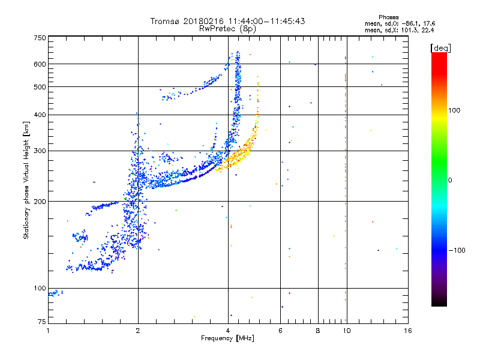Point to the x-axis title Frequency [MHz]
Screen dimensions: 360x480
click(227, 339)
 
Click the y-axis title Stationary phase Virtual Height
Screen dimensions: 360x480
click(26, 180)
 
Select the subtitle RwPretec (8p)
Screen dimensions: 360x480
click(227, 28)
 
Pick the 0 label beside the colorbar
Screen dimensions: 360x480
click(450, 180)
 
